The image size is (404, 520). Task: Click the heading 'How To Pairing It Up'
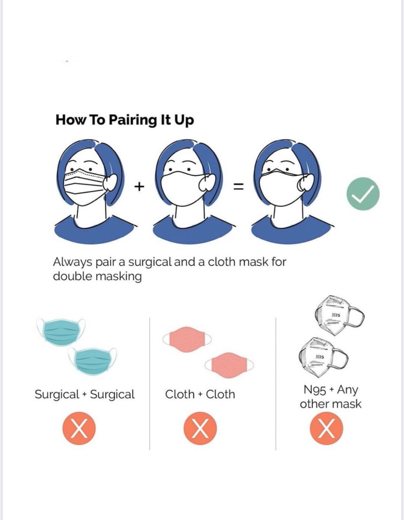124,120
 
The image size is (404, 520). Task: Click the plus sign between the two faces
139,187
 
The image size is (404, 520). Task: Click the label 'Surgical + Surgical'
85,394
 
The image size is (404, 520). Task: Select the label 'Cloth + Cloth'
200,394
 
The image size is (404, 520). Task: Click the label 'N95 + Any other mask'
330,397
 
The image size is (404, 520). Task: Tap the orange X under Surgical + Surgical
79,430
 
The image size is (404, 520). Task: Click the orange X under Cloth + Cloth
200,430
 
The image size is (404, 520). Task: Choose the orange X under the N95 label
326,430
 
